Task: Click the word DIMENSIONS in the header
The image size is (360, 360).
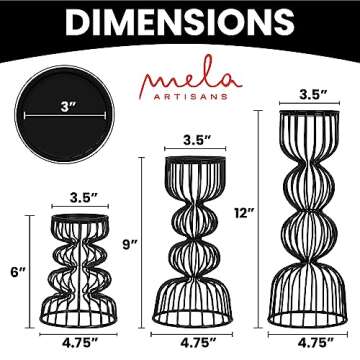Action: click(x=180, y=22)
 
